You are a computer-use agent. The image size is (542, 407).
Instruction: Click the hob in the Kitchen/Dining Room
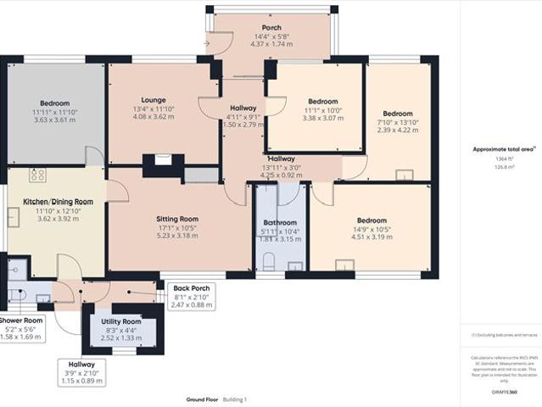click(x=36, y=175)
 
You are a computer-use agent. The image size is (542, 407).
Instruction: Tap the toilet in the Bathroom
click(x=268, y=259)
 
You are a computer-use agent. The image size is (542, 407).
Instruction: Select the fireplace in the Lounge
click(x=163, y=158)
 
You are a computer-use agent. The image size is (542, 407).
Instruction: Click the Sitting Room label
click(x=176, y=218)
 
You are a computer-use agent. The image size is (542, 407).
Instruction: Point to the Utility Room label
click(x=120, y=322)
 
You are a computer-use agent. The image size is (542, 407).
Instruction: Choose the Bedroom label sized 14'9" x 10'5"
click(x=371, y=220)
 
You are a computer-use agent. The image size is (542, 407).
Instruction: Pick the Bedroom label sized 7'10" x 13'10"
click(x=397, y=114)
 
